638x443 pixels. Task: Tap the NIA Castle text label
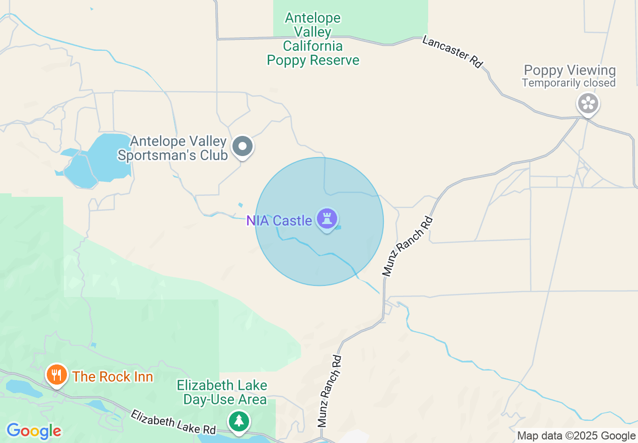(279, 220)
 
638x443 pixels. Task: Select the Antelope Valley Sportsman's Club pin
(243, 146)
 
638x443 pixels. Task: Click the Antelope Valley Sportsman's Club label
(173, 149)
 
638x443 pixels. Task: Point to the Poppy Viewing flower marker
(588, 104)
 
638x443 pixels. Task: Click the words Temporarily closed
(569, 83)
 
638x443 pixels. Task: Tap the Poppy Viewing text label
(570, 70)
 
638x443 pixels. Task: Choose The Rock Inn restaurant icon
(57, 375)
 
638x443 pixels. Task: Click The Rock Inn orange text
(113, 377)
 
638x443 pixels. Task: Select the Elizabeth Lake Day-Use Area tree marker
(238, 421)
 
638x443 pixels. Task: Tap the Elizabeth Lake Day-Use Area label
(222, 393)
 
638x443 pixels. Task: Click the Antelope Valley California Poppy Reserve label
(313, 39)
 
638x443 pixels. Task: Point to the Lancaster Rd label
(452, 51)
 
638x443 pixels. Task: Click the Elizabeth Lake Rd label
(173, 422)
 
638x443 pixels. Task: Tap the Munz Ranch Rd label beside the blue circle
(407, 246)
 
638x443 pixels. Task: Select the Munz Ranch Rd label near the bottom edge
(330, 391)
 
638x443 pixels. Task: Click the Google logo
(34, 431)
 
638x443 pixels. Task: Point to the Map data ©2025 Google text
(576, 436)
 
